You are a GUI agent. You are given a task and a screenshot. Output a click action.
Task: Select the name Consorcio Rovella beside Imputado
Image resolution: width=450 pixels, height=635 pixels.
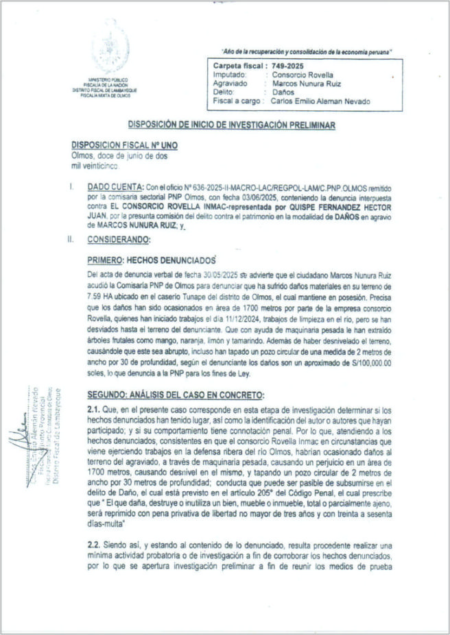(302, 74)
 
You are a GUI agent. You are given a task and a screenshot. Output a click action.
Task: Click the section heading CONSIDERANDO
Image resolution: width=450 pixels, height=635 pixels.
(121, 240)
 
